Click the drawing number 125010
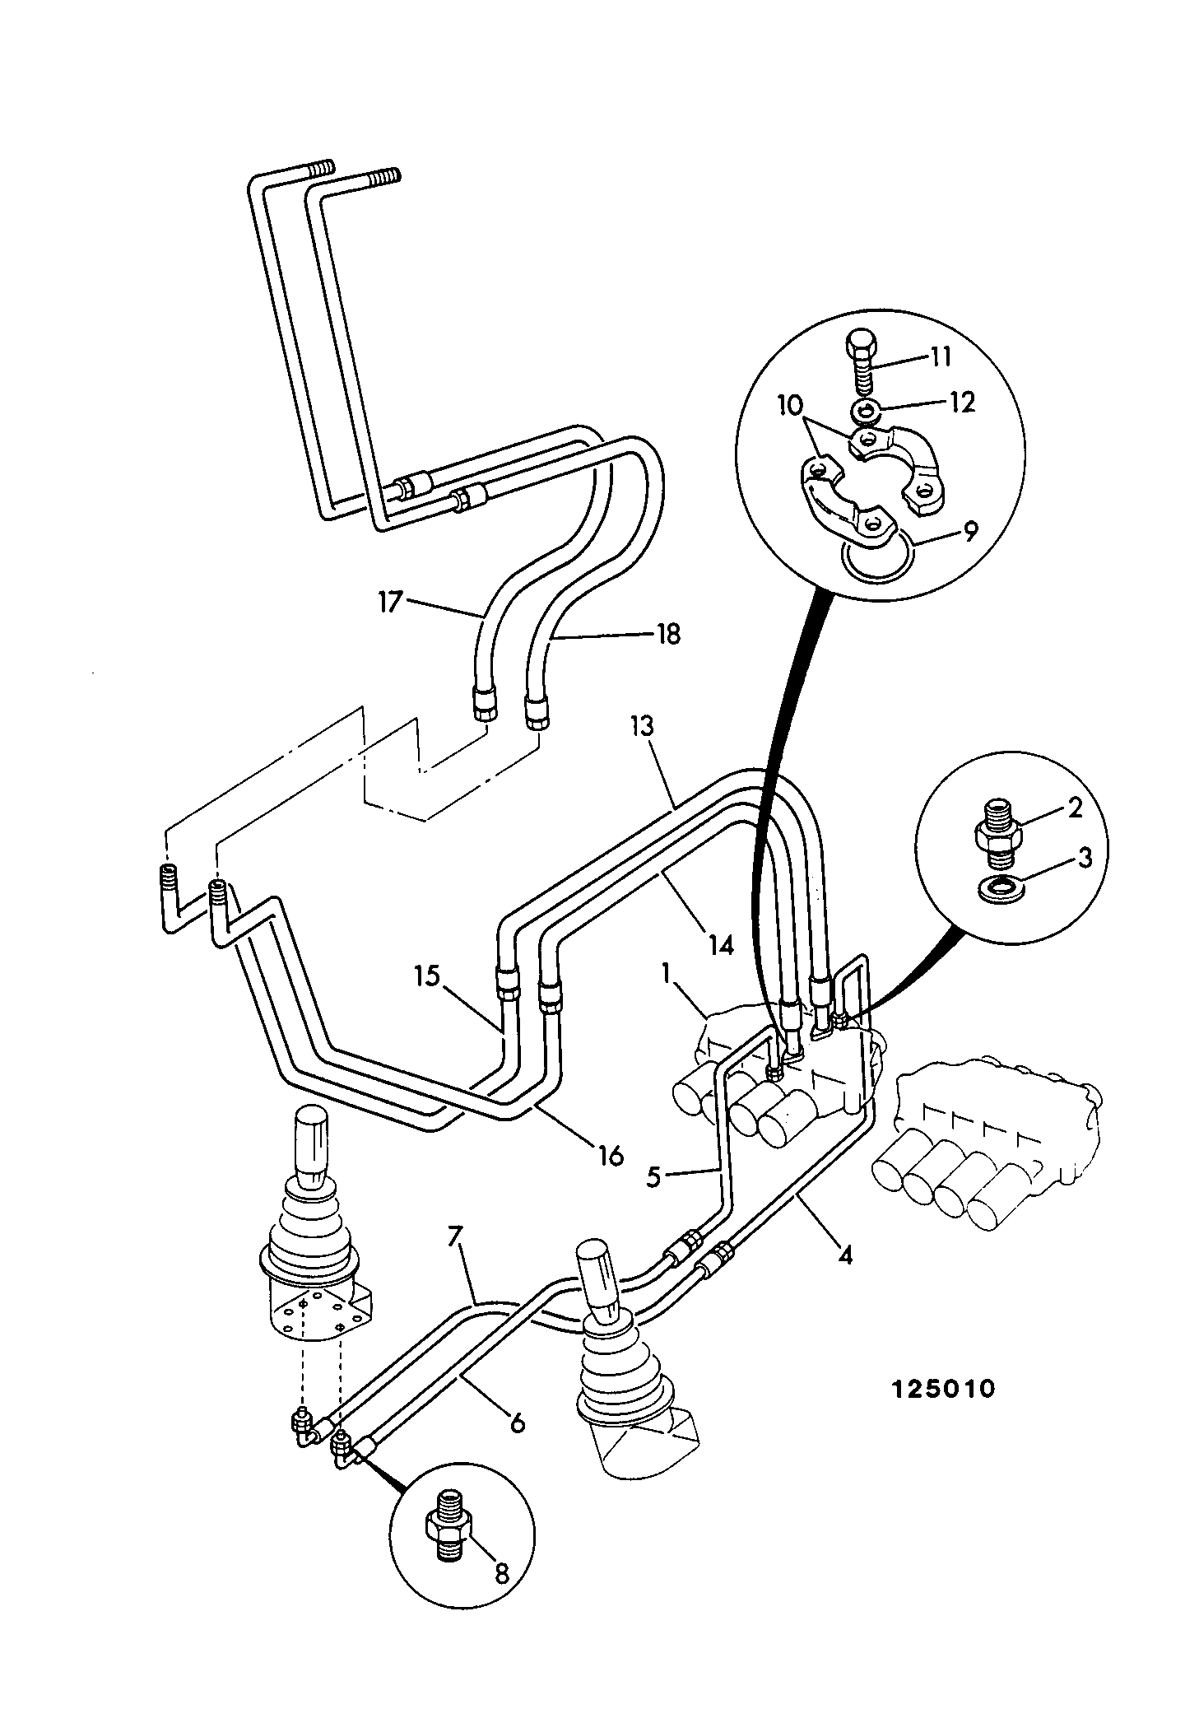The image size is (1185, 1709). (x=943, y=1390)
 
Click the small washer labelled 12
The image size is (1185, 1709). (x=862, y=409)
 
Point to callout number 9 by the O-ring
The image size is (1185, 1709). (x=972, y=533)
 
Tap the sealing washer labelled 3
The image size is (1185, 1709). (x=997, y=890)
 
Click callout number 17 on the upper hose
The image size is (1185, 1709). (x=390, y=602)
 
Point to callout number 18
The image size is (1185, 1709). (x=670, y=635)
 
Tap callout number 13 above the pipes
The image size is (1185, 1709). (x=643, y=727)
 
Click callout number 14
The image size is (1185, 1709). (x=721, y=946)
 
